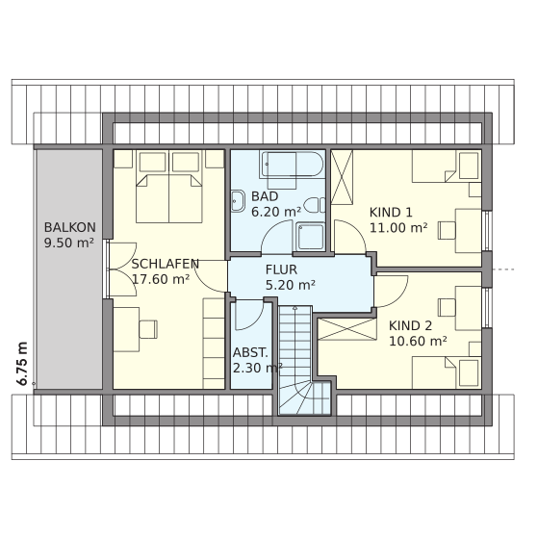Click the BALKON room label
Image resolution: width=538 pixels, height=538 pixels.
(70, 227)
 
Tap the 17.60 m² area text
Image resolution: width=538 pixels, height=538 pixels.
(161, 279)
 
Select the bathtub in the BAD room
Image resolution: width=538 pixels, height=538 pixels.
(292, 165)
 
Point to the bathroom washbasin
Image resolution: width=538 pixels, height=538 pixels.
(238, 201)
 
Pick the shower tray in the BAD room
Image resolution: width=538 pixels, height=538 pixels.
(310, 237)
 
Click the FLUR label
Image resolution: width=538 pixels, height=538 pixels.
(281, 269)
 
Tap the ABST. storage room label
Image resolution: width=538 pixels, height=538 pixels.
(250, 352)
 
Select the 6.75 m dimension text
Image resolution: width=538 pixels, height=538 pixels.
(22, 364)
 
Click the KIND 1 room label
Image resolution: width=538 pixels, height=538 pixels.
(391, 213)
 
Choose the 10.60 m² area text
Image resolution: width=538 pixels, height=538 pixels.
(418, 341)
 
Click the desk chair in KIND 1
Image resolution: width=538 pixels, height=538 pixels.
(447, 230)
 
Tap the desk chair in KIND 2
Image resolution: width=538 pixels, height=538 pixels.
(447, 307)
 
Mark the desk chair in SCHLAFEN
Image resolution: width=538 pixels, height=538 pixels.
(148, 329)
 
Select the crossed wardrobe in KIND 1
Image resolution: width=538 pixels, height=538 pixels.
(342, 177)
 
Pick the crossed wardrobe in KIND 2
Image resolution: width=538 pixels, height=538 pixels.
(347, 329)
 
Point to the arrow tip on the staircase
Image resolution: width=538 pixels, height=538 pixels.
(295, 307)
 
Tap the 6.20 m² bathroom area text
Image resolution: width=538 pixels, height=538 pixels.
(276, 212)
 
